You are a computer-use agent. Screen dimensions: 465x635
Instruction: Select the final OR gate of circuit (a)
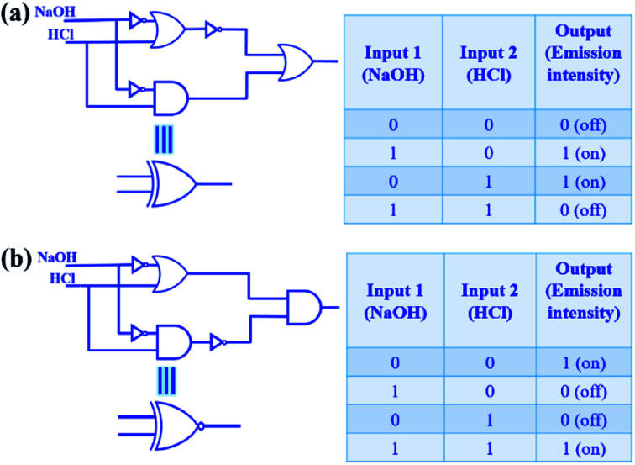tap(297, 60)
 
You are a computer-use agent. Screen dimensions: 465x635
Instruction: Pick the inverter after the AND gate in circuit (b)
tap(218, 342)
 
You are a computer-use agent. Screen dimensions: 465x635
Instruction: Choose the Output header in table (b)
tap(583, 300)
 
